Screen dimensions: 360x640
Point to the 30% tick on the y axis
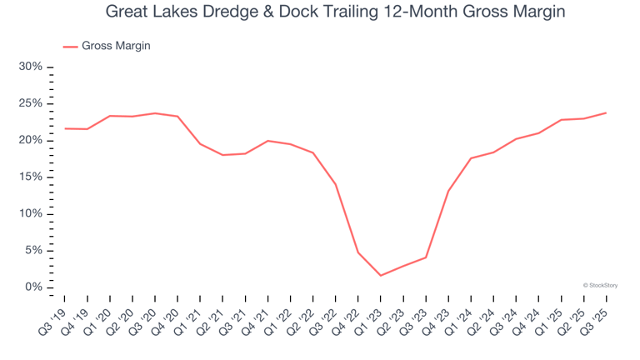click(31, 67)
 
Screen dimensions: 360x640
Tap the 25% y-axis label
click(31, 103)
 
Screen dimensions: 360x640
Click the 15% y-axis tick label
click(31, 177)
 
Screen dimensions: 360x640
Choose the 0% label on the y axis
click(34, 287)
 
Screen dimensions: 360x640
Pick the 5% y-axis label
click(34, 251)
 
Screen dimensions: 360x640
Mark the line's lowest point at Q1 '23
click(381, 276)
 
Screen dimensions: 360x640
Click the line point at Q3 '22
click(336, 184)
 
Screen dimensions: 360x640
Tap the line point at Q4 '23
click(448, 191)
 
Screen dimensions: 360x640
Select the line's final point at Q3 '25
click(606, 112)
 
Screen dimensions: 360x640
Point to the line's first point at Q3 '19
click(65, 128)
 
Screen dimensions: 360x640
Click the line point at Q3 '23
click(426, 257)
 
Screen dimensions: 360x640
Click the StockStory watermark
click(600, 285)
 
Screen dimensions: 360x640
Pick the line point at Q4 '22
click(358, 252)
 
